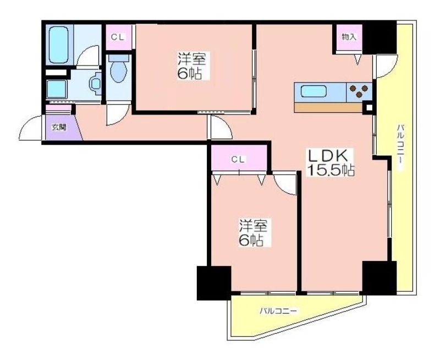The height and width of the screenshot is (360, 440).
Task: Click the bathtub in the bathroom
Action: [x=59, y=45]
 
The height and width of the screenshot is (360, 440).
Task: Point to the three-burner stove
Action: [x=359, y=91]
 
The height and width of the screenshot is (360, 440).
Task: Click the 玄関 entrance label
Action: [x=59, y=127]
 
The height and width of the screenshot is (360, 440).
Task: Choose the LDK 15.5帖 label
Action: [x=331, y=162]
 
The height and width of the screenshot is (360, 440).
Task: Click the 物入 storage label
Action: [x=349, y=37]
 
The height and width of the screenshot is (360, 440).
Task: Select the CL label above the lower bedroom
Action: [x=238, y=160]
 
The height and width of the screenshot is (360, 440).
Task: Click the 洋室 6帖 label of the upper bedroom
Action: [x=191, y=66]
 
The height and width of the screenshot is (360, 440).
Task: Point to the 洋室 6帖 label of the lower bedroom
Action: [x=252, y=232]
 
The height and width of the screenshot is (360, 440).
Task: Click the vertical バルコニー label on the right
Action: [x=400, y=146]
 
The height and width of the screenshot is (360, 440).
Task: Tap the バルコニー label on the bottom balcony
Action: [x=278, y=311]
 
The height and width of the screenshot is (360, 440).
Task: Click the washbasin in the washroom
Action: [x=95, y=84]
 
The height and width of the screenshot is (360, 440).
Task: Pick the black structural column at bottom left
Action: [x=214, y=283]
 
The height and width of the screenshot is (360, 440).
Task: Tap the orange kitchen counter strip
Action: [x=328, y=107]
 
